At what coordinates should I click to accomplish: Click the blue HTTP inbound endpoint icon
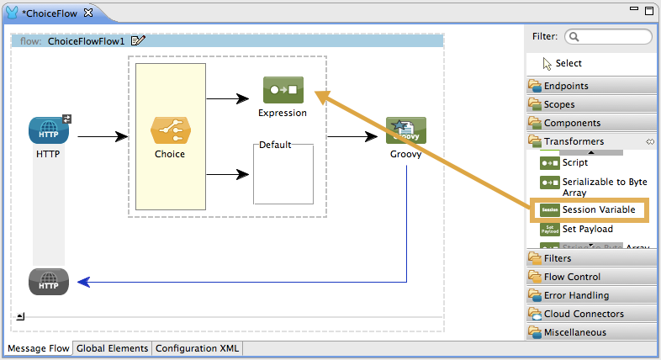[48, 131]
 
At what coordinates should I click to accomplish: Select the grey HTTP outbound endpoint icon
[48, 283]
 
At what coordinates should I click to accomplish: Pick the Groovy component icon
[406, 131]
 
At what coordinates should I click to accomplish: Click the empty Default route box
[283, 175]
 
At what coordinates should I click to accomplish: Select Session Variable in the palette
[598, 209]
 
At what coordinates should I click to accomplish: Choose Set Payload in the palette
[587, 229]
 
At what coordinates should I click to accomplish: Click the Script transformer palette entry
[575, 163]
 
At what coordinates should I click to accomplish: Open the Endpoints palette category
[566, 86]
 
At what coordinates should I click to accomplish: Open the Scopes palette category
[559, 104]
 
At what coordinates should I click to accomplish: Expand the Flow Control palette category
[572, 277]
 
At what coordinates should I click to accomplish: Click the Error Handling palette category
[576, 295]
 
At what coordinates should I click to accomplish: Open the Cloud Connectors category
[584, 314]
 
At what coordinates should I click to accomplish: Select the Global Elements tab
[112, 348]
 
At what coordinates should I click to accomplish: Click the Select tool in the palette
[568, 63]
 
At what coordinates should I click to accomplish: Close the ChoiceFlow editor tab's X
[88, 13]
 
